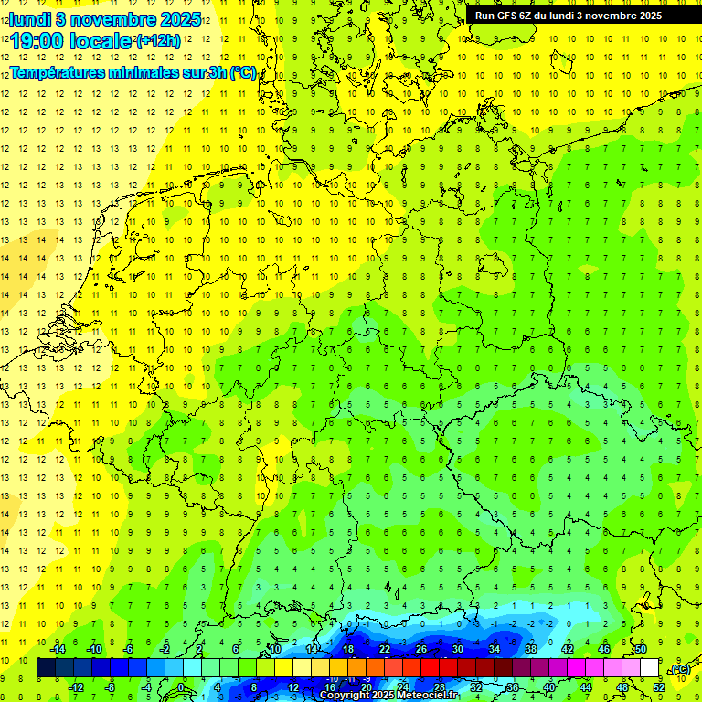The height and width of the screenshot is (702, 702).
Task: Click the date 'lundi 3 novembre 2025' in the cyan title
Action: click(106, 18)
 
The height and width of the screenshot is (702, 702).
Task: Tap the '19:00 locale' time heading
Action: click(71, 40)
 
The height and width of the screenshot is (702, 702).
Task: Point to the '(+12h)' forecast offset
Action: click(158, 40)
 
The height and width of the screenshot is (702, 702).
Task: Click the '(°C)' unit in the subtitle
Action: click(243, 73)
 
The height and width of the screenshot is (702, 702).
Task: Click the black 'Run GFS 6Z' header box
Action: click(568, 16)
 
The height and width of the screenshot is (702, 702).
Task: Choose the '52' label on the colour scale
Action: click(659, 687)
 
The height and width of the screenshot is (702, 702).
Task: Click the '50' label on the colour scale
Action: click(641, 649)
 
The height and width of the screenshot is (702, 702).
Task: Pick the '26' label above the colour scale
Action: click(421, 649)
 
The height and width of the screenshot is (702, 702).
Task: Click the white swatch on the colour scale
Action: click(650, 668)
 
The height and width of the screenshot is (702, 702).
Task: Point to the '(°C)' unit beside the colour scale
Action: click(679, 669)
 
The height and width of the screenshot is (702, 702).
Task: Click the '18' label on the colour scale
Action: click(348, 649)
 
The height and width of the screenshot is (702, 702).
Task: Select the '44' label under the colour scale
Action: click(586, 687)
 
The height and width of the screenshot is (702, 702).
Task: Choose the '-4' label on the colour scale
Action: click(147, 687)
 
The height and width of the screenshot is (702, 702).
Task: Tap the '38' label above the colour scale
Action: click(531, 649)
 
